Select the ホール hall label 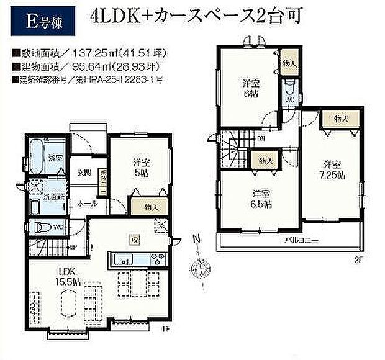[x=86, y=203]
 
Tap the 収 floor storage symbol [x=134, y=238]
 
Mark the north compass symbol [x=201, y=268]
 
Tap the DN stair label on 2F [x=261, y=138]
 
